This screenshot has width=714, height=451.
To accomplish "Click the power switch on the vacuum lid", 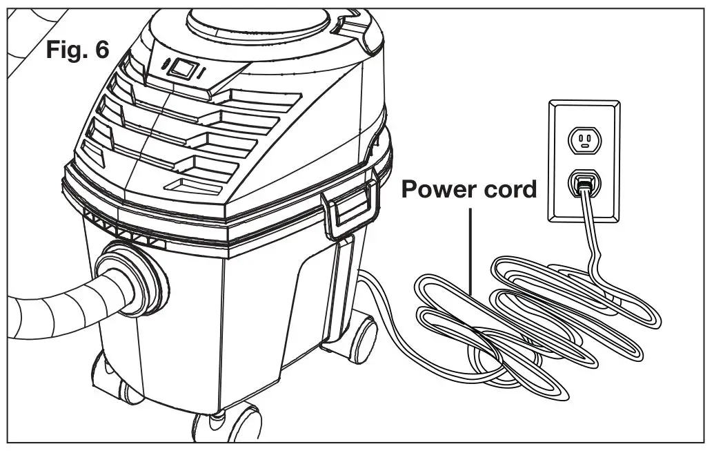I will [182, 69].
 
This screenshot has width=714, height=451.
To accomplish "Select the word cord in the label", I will [509, 189].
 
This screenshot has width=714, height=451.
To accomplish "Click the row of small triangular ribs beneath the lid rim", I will [124, 227].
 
